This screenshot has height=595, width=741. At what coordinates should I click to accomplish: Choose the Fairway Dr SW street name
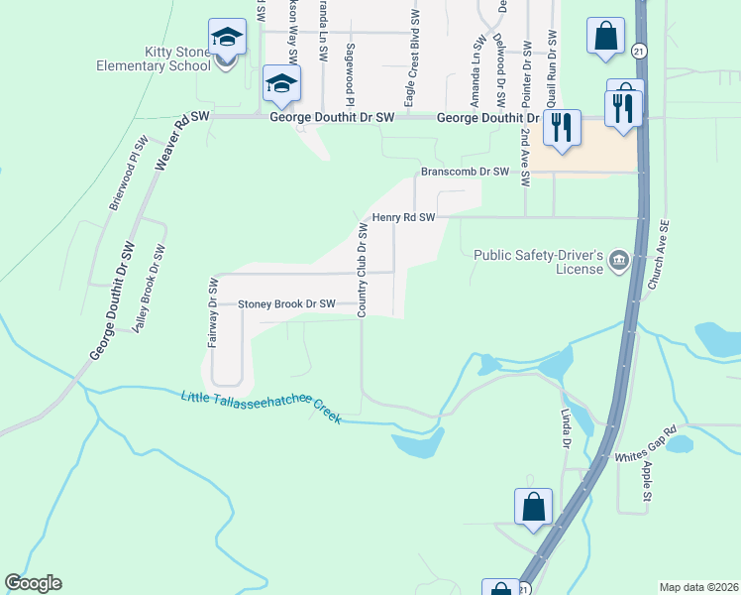(212, 312)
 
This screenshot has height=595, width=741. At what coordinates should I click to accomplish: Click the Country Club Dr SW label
(363, 271)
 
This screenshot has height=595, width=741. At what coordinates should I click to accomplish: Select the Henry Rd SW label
(403, 217)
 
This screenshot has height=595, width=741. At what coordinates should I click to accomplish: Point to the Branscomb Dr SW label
(465, 172)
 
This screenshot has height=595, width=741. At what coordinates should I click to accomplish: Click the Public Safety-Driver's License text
(538, 262)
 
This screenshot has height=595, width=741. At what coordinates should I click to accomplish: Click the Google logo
(33, 583)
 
